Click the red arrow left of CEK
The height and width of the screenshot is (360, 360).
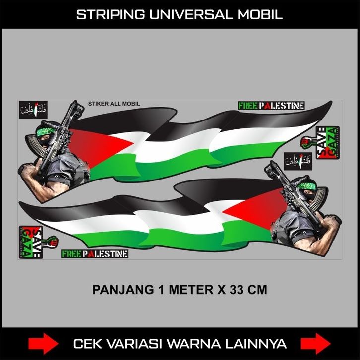point(42,343)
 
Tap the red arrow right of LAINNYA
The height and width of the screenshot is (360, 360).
point(316,343)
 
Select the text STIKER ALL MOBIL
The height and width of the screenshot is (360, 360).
point(114,104)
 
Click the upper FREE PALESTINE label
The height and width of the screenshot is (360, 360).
point(271,105)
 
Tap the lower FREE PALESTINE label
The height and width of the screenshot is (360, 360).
point(95,254)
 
